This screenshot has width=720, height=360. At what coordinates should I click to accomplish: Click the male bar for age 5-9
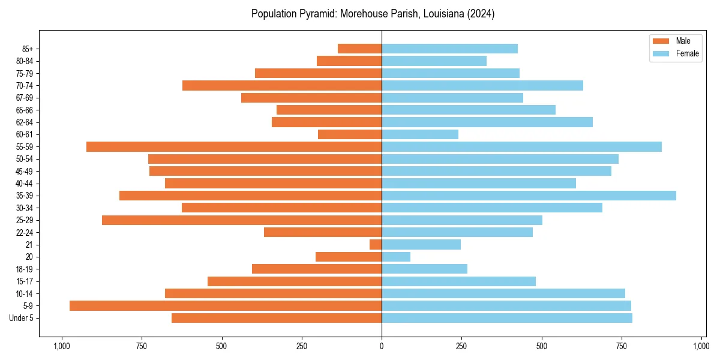pyautogui.click(x=225, y=305)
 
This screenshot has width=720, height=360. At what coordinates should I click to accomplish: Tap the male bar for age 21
pyautogui.click(x=376, y=244)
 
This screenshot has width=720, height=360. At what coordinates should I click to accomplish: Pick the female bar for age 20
pyautogui.click(x=396, y=257)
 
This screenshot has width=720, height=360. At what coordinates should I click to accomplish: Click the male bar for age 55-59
pyautogui.click(x=234, y=146)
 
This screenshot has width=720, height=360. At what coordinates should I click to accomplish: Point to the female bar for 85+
pyautogui.click(x=449, y=49)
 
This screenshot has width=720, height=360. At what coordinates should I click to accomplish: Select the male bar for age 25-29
pyautogui.click(x=242, y=220)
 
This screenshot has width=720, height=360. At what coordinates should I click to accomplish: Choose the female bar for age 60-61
pyautogui.click(x=420, y=134)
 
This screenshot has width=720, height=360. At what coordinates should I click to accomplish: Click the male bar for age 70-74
pyautogui.click(x=282, y=85)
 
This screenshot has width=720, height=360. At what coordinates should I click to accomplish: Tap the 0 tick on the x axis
pyautogui.click(x=382, y=347)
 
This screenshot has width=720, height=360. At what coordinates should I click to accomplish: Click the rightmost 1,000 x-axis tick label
pyautogui.click(x=701, y=347)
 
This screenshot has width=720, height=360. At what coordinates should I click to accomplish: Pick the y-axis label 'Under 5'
pyautogui.click(x=22, y=318)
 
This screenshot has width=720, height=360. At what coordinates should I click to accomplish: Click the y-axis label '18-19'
pyautogui.click(x=25, y=269)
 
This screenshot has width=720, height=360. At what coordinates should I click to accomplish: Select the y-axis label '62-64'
pyautogui.click(x=25, y=122)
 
